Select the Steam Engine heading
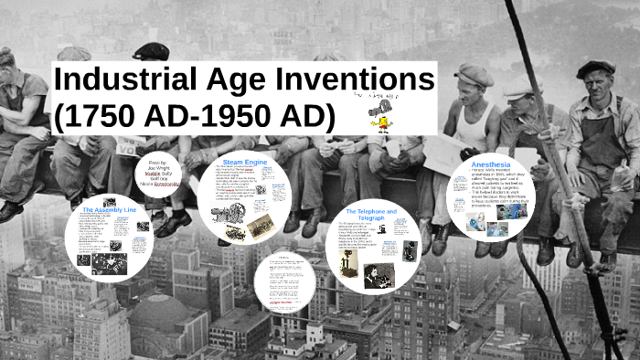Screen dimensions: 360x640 (243, 162)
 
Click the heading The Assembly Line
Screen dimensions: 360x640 (109, 210)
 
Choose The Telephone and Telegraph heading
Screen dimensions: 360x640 (370, 214)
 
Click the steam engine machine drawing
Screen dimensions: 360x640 (223, 215)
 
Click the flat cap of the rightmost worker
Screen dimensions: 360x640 (595, 68)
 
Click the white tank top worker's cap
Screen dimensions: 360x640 (474, 72)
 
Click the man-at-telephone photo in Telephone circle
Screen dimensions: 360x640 (379, 274)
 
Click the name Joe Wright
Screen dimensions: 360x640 (158, 169)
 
